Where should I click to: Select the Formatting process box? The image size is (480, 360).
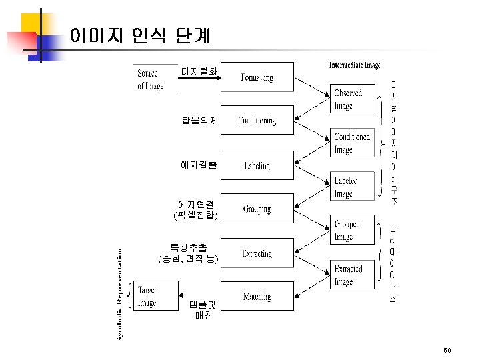tap(257, 78)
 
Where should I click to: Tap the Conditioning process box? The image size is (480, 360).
tap(257, 121)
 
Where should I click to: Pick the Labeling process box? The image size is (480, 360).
tap(257, 165)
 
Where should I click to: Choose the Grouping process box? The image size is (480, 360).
tap(257, 209)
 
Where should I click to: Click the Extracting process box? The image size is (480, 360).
tap(257, 253)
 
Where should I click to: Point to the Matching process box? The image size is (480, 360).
tap(257, 297)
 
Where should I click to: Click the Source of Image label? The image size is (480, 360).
tap(151, 79)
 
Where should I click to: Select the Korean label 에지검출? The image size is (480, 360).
tap(198, 164)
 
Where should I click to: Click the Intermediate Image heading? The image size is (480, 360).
tap(355, 65)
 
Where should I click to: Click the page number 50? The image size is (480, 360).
tap(447, 350)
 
